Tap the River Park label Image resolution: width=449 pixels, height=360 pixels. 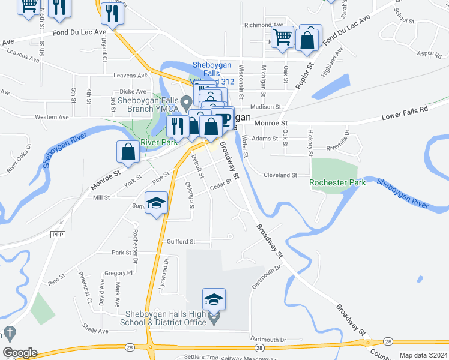tap(158, 143)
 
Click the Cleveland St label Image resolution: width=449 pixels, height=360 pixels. tap(281, 175)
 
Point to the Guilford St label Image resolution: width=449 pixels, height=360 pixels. tap(181, 242)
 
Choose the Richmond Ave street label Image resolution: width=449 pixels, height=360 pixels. tap(264, 25)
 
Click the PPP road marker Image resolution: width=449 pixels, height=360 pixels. tap(58, 234)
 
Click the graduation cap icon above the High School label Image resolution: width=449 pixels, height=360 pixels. tap(214, 298)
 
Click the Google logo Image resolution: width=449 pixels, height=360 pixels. tap(19, 353)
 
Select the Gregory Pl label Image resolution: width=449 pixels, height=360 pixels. tap(118, 272)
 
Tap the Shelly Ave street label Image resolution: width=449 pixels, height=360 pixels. tap(96, 331)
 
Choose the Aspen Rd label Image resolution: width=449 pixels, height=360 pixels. tap(429, 53)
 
